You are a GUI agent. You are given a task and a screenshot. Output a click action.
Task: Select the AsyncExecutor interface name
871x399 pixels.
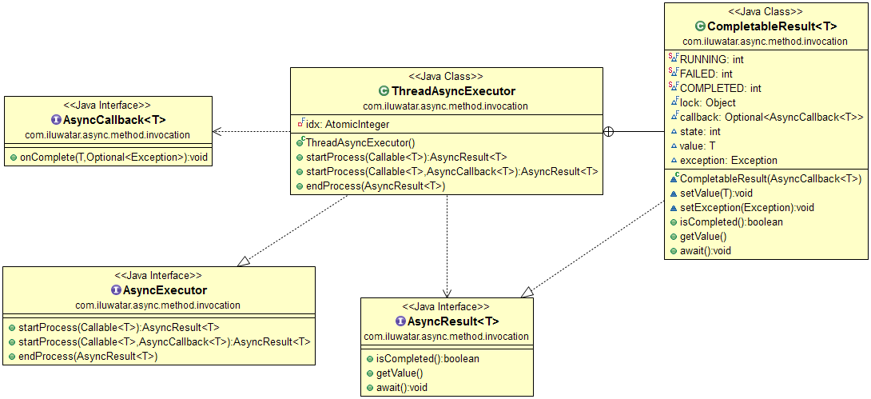tap(165, 289)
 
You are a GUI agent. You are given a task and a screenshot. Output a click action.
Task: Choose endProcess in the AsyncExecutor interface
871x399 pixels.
tap(88, 356)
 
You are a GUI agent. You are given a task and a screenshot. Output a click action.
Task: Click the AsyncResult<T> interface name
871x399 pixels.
tap(452, 321)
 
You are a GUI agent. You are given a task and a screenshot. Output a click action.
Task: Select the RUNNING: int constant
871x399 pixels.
tap(712, 59)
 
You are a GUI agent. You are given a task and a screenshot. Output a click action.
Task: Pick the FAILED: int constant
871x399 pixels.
tap(706, 74)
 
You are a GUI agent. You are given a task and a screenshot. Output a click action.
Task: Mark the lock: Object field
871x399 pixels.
tap(708, 102)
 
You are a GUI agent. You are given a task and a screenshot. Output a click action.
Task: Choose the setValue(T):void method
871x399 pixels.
tap(716, 193)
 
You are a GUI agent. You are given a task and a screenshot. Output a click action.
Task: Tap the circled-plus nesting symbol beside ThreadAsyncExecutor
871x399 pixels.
tap(609, 131)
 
